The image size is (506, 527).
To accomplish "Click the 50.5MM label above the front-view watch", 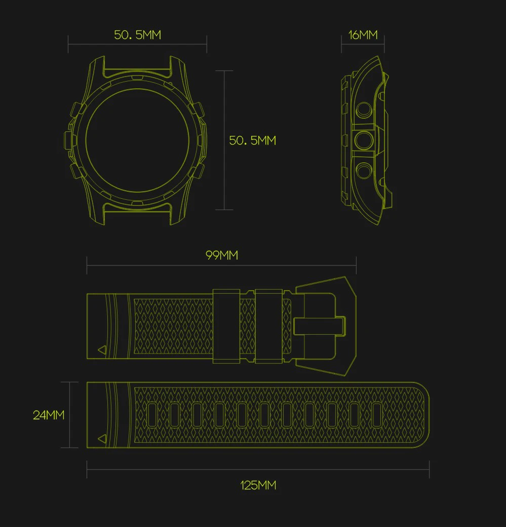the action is click(138, 35).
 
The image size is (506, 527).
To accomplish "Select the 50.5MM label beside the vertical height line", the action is click(252, 140).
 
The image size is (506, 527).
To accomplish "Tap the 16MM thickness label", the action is click(363, 35).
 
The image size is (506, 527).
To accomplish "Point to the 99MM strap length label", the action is click(222, 256).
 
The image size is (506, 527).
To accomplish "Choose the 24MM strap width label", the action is click(49, 415).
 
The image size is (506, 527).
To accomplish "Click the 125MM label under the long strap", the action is click(258, 485).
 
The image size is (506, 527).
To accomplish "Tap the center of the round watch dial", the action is click(137, 140).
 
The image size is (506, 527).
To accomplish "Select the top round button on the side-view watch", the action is click(364, 110).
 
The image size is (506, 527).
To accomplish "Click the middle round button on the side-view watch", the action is click(364, 140).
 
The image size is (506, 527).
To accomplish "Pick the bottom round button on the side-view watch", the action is click(364, 170).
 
